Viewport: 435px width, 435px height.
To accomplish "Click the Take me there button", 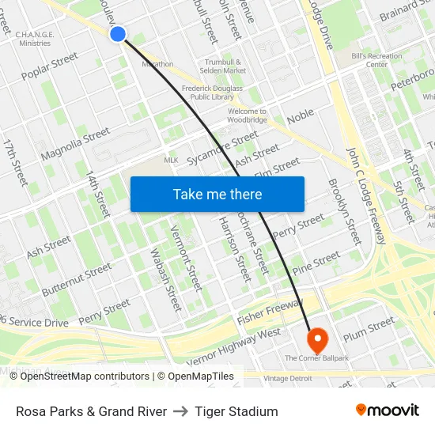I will tap(217, 194).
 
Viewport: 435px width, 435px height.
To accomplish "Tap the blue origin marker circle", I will tap(118, 33).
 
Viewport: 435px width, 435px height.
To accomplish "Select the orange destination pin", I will tap(317, 340).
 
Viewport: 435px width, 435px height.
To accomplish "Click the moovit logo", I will tap(388, 410).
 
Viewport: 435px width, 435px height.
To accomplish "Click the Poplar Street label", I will tap(51, 66).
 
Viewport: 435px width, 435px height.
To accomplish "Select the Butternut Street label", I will tap(77, 280).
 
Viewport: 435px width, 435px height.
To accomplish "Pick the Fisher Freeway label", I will tap(270, 312).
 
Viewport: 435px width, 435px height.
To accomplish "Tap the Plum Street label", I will tap(369, 328).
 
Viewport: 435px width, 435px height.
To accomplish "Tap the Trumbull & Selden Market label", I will tap(226, 66).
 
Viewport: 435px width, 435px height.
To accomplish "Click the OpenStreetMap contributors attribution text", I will tap(80, 376).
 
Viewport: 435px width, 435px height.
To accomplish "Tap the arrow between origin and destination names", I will tap(180, 411).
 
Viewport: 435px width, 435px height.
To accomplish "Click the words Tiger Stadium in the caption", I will tap(236, 411).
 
